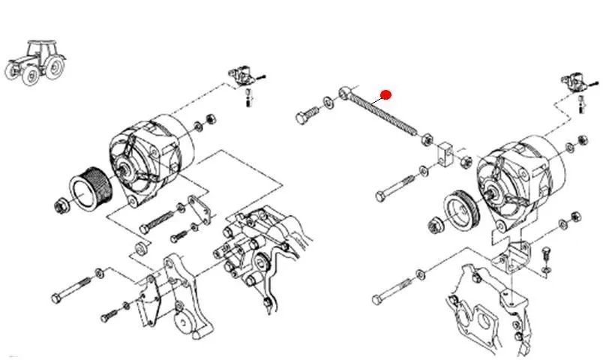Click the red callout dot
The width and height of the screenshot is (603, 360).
coord(386,94)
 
